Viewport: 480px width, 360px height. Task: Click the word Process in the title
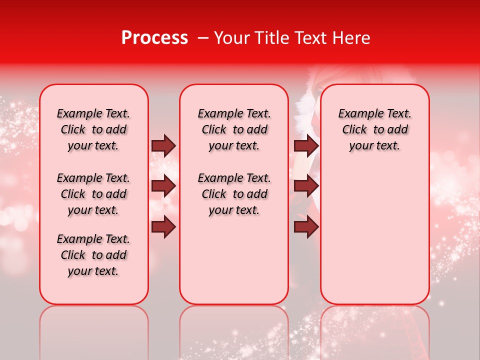(154, 38)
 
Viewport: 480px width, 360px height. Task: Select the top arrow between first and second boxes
(163, 146)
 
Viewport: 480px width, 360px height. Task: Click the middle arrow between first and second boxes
(163, 186)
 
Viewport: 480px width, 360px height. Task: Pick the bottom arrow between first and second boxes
(163, 227)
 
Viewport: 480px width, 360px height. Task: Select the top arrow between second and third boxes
(306, 146)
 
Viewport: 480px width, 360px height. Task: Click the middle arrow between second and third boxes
(306, 186)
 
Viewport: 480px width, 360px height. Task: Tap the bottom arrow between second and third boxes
(306, 227)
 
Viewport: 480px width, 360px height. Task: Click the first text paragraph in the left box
(93, 129)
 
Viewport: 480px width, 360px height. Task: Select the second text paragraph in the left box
(93, 194)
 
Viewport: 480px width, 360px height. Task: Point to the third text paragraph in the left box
(93, 255)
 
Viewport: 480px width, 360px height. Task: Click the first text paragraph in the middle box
(234, 129)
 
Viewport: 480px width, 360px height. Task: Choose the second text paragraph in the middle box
(234, 194)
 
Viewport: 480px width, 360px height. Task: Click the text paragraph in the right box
(374, 129)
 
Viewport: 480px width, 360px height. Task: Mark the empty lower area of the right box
(374, 235)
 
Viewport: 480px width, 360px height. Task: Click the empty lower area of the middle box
(234, 260)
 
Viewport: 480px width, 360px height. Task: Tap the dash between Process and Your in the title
(202, 38)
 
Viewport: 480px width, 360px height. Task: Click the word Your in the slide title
(232, 38)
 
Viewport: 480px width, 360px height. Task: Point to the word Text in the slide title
(311, 38)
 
